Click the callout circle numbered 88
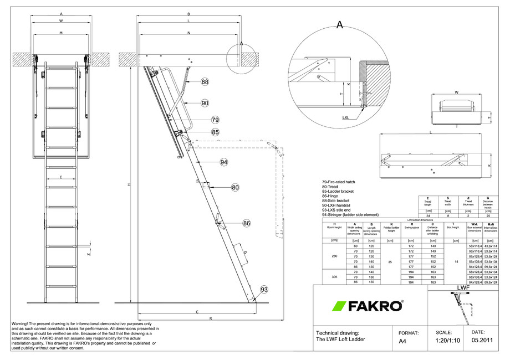205,81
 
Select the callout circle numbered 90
205,103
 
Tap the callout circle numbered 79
215,120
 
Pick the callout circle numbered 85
215,132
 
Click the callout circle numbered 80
235,188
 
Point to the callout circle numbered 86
247,223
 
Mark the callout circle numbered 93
264,290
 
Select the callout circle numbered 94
224,162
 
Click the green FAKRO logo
368,306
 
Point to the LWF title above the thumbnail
463,289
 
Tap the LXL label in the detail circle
346,117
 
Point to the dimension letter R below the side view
211,318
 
